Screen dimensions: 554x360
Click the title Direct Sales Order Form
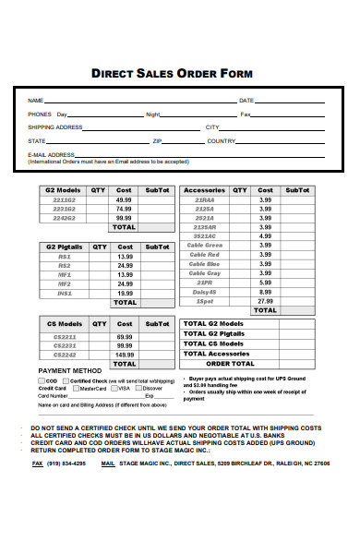coord(172,73)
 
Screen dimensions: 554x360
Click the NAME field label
coord(35,100)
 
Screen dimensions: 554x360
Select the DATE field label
coord(246,100)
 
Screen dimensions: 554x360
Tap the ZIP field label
coord(157,141)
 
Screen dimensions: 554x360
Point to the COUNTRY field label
coord(222,141)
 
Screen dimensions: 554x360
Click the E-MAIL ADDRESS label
coord(51,154)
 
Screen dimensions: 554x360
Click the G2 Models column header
coord(64,189)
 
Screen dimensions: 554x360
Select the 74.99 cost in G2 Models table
coord(124,209)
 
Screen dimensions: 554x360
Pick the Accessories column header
coord(204,189)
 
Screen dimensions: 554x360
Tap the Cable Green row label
coord(205,246)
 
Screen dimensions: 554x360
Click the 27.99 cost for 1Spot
coord(265,301)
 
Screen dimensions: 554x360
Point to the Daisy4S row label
coord(205,292)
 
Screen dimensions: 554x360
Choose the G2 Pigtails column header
coord(64,247)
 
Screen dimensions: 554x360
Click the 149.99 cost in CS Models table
coord(124,354)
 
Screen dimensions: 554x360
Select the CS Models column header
coord(64,324)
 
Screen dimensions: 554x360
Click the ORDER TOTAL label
coord(230,364)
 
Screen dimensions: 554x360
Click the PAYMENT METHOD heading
coord(69,370)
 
